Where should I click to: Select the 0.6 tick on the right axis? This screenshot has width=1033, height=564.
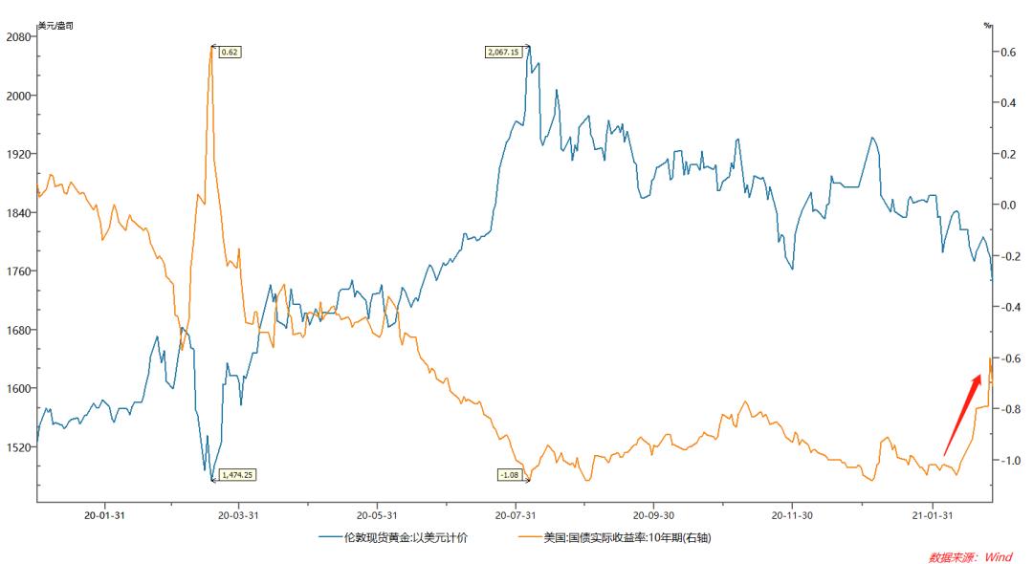1006,52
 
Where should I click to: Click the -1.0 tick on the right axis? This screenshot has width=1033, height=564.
1006,460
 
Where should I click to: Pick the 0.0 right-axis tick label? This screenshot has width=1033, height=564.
1006,205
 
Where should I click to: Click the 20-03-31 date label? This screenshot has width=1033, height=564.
238,514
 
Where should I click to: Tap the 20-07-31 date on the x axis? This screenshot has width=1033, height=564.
516,514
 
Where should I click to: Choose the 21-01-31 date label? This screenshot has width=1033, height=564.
933,514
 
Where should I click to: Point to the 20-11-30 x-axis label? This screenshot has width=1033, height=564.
792,514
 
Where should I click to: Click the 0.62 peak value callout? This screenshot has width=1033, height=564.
230,52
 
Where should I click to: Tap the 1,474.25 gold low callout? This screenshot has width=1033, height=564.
239,474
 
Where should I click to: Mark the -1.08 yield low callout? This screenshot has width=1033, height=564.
511,474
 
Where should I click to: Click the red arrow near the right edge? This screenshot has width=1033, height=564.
963,414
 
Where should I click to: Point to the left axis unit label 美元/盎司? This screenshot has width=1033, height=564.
55,25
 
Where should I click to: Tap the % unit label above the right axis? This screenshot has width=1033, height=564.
987,25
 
